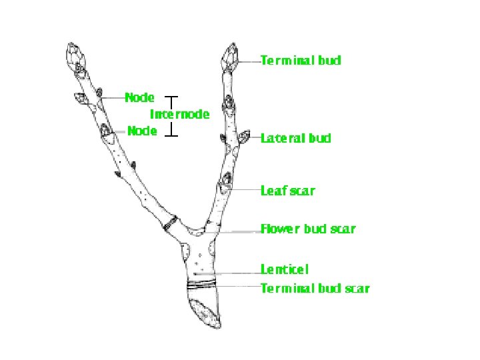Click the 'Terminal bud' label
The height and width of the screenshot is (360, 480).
[x=300, y=61]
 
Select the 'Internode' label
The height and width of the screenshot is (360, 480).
[x=179, y=115]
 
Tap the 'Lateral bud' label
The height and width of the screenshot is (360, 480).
[x=295, y=139]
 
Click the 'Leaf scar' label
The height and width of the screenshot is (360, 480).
[x=287, y=191]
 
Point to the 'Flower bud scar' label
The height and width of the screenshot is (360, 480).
[x=307, y=229]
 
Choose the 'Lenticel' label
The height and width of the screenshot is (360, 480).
[x=285, y=270]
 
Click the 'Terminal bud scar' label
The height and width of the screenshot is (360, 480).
[x=315, y=289]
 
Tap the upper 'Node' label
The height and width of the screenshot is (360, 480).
[x=140, y=97]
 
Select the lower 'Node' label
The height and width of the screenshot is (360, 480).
[x=142, y=131]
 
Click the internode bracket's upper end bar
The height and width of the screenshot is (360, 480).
[x=172, y=97]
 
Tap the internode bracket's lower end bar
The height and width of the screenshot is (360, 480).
[x=172, y=136]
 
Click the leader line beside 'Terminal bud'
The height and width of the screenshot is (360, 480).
[x=248, y=61]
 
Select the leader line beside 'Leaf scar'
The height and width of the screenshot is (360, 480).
[x=245, y=191]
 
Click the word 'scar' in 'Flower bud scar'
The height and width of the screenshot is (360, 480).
[x=342, y=229]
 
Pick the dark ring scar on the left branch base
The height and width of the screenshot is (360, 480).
[x=171, y=223]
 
